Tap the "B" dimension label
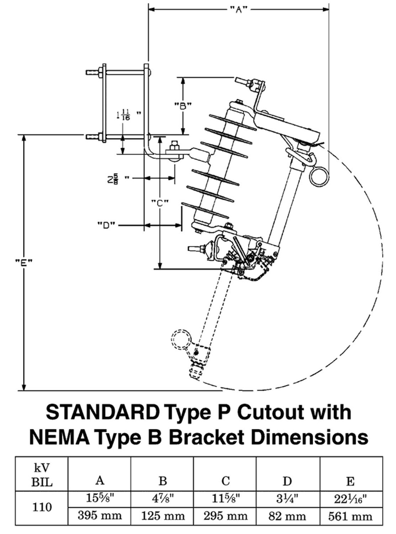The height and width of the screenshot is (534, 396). tap(182, 106)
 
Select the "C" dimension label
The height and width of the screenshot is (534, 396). tap(159, 203)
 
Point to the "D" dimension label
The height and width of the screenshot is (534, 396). tap(106, 225)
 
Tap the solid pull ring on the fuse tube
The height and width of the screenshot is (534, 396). tap(319, 176)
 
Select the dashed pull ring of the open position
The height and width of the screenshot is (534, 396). tap(182, 341)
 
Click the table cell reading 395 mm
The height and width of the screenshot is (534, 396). tap(100, 516)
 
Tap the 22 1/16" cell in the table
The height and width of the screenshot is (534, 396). tap(350, 498)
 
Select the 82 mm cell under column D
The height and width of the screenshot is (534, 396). tap(287, 516)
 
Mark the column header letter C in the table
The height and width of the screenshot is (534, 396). tap(225, 481)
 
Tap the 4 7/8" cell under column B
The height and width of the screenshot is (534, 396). tap(163, 498)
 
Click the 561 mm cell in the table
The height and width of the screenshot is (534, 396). tap(350, 516)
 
